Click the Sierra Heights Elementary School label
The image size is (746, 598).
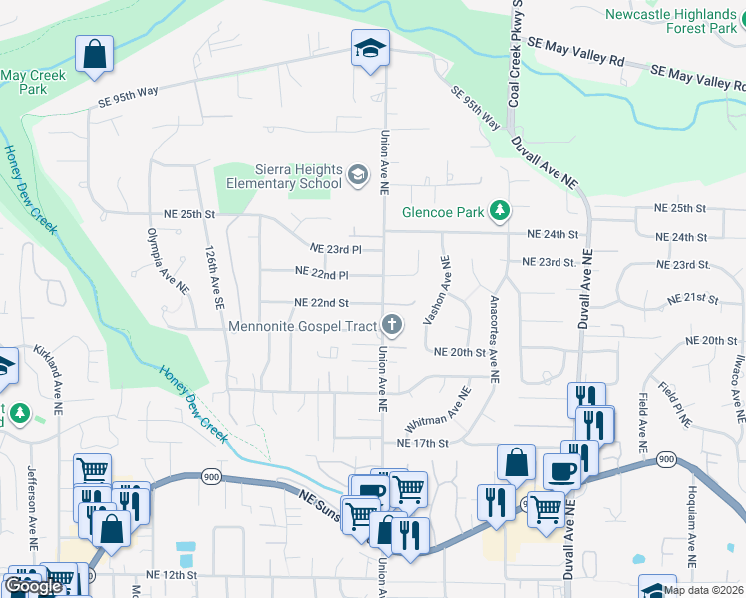point(284,176)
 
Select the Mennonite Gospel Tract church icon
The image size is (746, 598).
point(393,324)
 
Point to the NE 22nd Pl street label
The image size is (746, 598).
point(322,272)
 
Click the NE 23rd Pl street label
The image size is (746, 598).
point(335,248)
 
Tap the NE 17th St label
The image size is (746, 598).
point(423,443)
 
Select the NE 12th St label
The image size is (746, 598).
point(172,575)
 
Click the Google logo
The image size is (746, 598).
point(34,586)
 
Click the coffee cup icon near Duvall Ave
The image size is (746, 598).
point(561,471)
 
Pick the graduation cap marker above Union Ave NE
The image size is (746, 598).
point(369,49)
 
